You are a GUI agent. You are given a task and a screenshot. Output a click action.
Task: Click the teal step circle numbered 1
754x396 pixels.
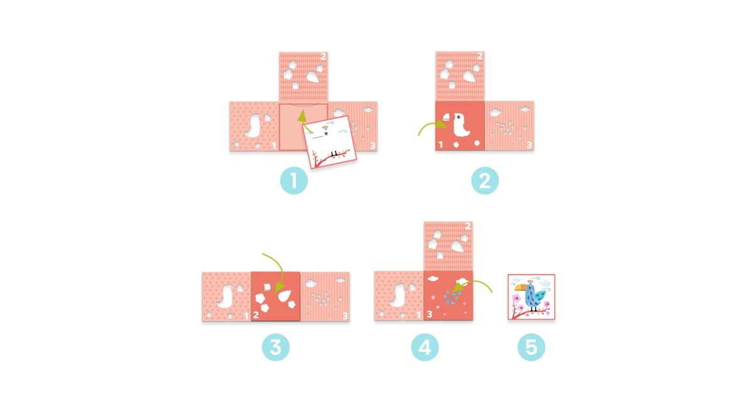(x=294, y=180)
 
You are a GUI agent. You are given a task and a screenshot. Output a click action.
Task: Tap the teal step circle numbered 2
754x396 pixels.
(x=484, y=180)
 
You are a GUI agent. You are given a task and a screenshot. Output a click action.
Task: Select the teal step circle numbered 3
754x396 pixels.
(x=276, y=347)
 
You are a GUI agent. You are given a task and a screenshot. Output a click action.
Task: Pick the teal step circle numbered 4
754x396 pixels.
(x=425, y=347)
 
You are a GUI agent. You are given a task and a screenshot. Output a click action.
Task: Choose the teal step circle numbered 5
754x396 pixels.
(x=531, y=347)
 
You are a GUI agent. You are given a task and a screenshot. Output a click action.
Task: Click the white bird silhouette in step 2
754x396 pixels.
(x=460, y=125)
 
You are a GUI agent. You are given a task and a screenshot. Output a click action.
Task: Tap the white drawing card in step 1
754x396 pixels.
(x=330, y=142)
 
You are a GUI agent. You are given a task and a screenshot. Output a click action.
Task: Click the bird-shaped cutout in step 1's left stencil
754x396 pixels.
(x=254, y=125)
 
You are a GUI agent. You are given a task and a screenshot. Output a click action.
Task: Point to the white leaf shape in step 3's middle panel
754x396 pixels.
(x=285, y=295)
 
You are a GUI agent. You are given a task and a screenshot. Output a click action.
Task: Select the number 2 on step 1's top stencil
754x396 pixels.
(x=323, y=57)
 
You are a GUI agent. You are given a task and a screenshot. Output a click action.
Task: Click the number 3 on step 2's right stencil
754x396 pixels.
(x=529, y=145)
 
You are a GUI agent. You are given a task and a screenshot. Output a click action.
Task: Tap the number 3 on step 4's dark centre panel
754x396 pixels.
(x=430, y=314)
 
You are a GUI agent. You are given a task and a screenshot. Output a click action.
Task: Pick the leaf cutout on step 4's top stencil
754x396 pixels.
(x=458, y=246)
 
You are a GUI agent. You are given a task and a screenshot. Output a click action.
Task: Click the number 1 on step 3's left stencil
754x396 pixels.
(x=246, y=316)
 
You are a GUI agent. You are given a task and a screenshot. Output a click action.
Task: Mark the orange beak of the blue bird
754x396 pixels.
(x=521, y=287)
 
